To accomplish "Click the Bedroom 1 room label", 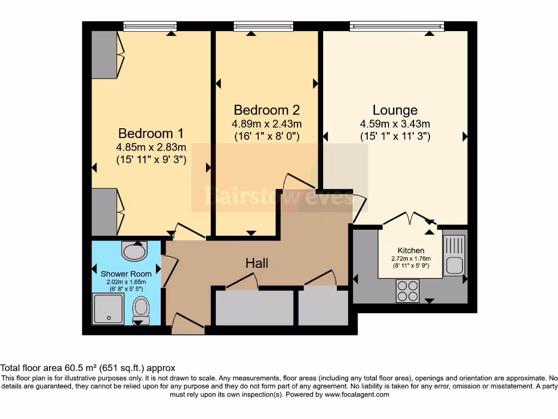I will tap(151, 133).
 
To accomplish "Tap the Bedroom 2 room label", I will tap(266, 110).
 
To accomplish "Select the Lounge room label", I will tap(395, 110).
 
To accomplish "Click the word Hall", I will tap(257, 264).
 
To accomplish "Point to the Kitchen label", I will tap(411, 250).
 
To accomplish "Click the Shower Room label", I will tap(126, 273).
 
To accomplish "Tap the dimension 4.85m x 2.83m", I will tap(151, 147).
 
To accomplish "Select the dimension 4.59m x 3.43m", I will tap(395, 123).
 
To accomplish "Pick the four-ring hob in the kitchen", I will tap(407, 290).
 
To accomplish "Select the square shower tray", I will tap(108, 309).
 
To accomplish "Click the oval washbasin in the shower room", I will tap(135, 252).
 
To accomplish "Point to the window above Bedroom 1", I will tap(150, 26).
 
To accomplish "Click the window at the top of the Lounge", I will tap(397, 26).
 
